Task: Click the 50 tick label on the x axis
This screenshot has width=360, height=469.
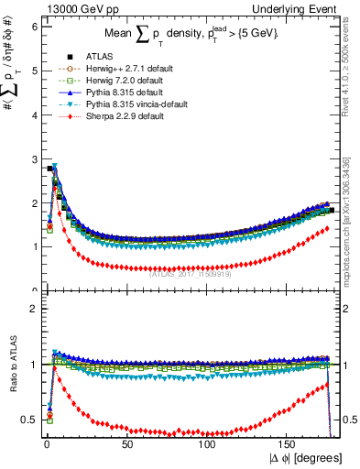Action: point(127,443)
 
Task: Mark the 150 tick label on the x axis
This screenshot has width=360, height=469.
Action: point(289,443)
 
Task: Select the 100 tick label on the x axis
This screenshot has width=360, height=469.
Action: point(208,443)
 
